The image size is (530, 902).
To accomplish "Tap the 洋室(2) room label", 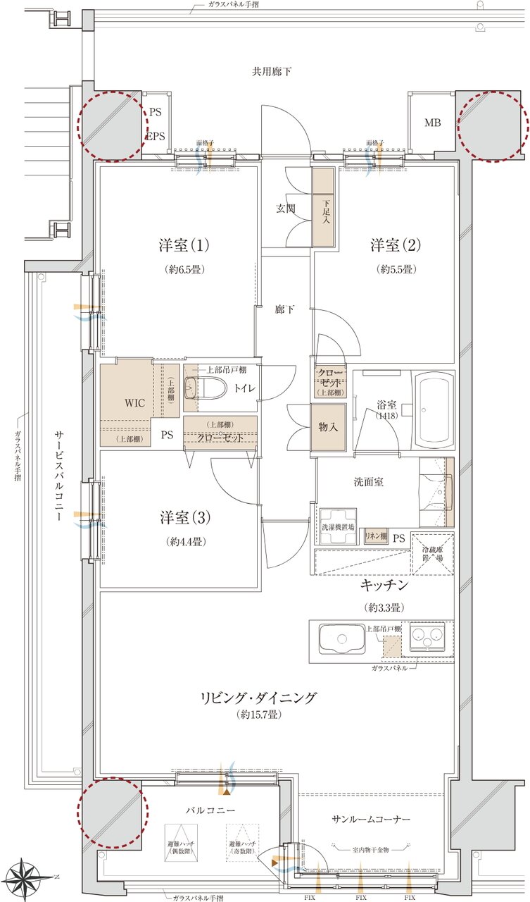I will [396, 245].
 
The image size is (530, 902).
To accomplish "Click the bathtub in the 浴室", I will [434, 409].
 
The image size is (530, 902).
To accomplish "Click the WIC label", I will [134, 404].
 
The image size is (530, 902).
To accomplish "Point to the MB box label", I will [432, 123].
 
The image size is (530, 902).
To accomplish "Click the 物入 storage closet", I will [329, 428].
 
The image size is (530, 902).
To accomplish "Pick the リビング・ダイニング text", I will [259, 698].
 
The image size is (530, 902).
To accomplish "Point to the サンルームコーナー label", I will [371, 820].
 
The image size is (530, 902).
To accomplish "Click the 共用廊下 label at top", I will [272, 71].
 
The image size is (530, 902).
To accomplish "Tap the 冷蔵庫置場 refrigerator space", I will [432, 554].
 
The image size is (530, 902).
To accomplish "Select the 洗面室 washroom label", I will [367, 482].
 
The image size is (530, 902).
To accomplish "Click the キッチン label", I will [384, 586].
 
